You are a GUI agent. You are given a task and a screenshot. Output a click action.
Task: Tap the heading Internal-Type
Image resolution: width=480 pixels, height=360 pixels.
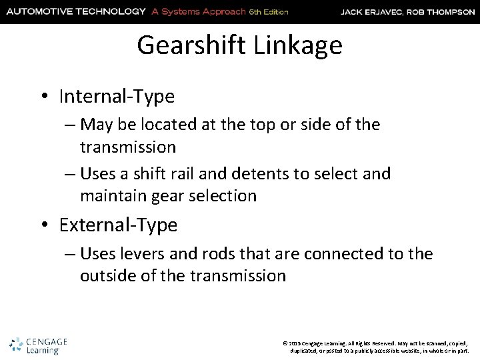tap(117, 97)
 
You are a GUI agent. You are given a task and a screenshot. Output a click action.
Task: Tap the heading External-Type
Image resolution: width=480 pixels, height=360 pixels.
tap(118, 225)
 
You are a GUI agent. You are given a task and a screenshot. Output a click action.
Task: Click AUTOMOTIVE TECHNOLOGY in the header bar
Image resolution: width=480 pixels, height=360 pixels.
tap(75, 11)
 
